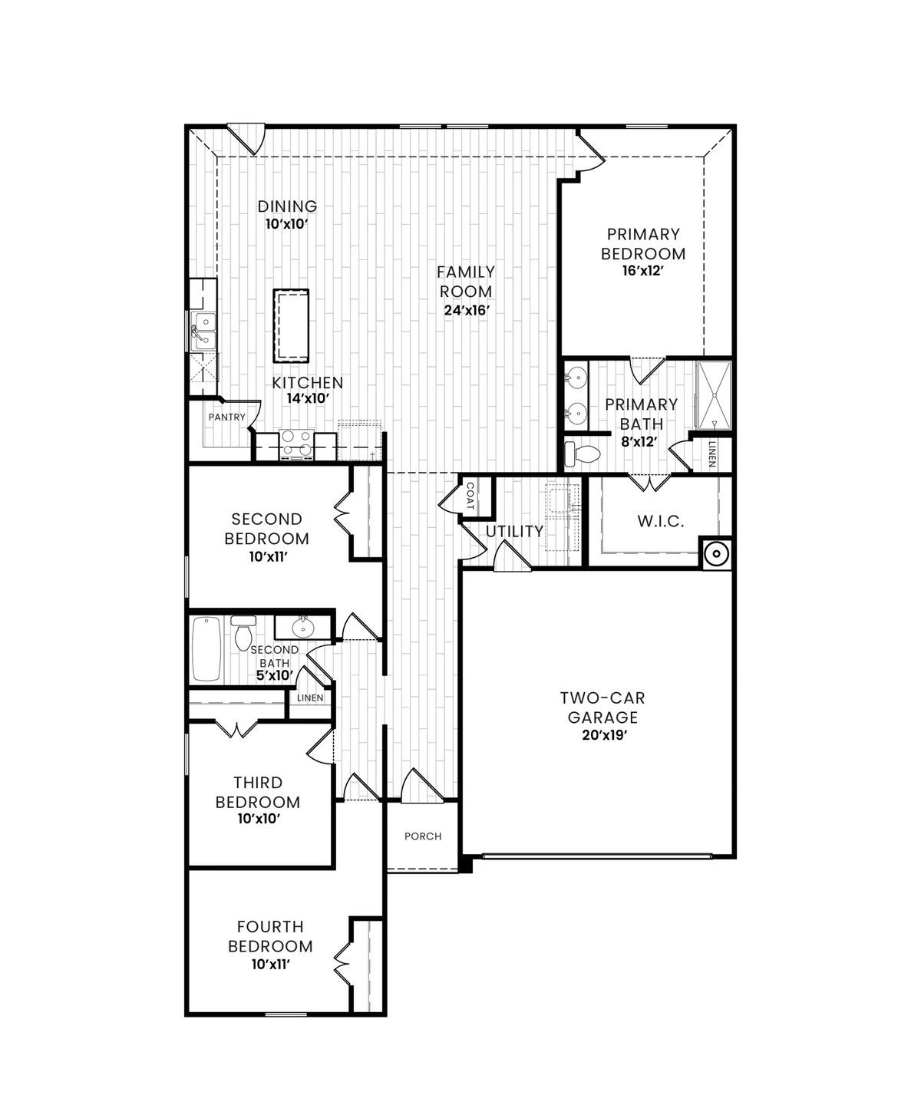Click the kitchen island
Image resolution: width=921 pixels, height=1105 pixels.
pyautogui.click(x=291, y=326)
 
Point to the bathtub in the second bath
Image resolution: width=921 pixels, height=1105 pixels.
pyautogui.click(x=206, y=648)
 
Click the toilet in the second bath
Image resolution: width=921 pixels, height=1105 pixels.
pyautogui.click(x=244, y=632)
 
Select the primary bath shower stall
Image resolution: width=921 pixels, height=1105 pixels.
pyautogui.click(x=714, y=394)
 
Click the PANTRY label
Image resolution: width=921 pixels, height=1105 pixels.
pyautogui.click(x=227, y=417)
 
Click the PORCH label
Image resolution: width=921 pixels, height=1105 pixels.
pyautogui.click(x=423, y=836)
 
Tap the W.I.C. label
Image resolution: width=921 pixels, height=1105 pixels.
pyautogui.click(x=660, y=522)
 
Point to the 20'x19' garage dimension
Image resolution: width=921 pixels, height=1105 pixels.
pyautogui.click(x=602, y=736)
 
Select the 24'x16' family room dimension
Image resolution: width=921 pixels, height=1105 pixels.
pyautogui.click(x=466, y=310)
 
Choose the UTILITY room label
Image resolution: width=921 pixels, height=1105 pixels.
pyautogui.click(x=514, y=531)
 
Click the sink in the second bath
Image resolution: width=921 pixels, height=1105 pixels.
pyautogui.click(x=303, y=628)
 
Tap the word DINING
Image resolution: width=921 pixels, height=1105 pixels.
pyautogui.click(x=287, y=206)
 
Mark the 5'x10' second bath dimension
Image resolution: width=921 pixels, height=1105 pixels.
pyautogui.click(x=275, y=675)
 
